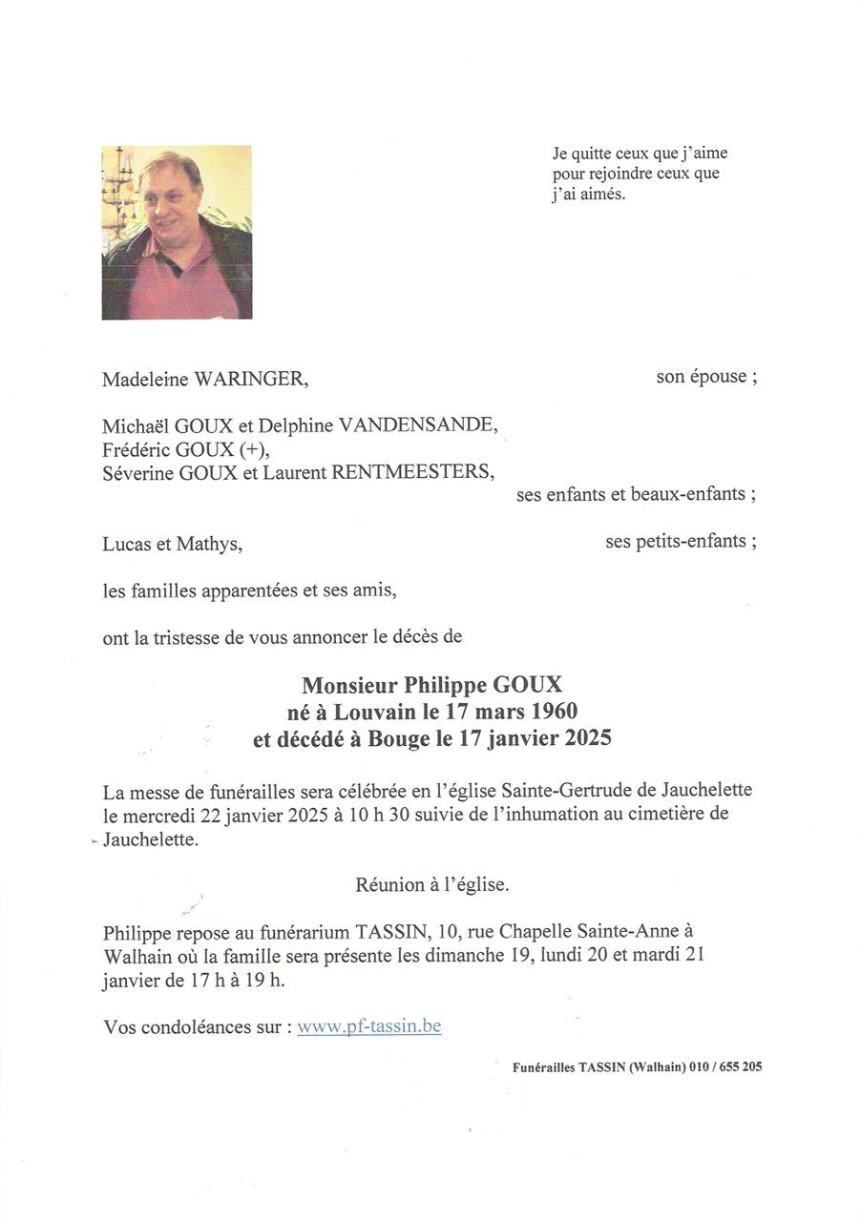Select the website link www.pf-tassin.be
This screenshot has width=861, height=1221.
(x=368, y=1026)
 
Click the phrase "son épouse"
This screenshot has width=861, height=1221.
(x=705, y=376)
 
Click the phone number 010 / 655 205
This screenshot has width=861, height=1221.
(x=726, y=1067)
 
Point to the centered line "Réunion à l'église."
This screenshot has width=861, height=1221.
(x=431, y=884)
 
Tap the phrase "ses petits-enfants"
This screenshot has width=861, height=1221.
(x=680, y=542)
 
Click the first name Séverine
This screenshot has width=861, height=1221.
(x=138, y=471)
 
